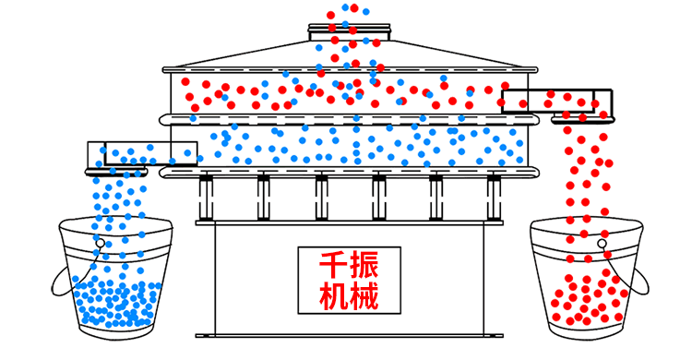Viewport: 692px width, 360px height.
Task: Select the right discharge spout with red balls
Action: [x=557, y=102]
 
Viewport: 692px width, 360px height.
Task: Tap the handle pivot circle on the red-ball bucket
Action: [x=602, y=244]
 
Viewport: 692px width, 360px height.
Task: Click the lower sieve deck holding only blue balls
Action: [x=351, y=143]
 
